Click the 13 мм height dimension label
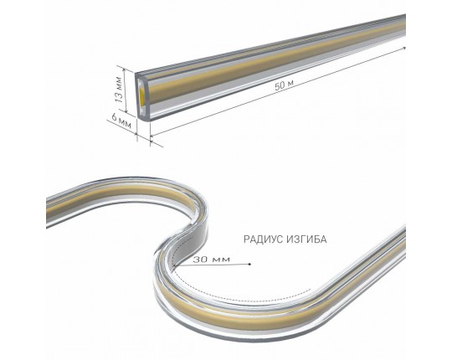(x=120, y=90)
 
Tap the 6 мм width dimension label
(x=121, y=121)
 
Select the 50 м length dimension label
(x=284, y=85)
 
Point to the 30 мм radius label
(x=212, y=260)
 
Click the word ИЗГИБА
(x=306, y=239)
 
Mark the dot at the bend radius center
(x=249, y=264)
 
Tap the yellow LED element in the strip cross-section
(x=142, y=93)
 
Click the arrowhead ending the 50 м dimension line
(x=403, y=48)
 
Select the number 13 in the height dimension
(x=120, y=96)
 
